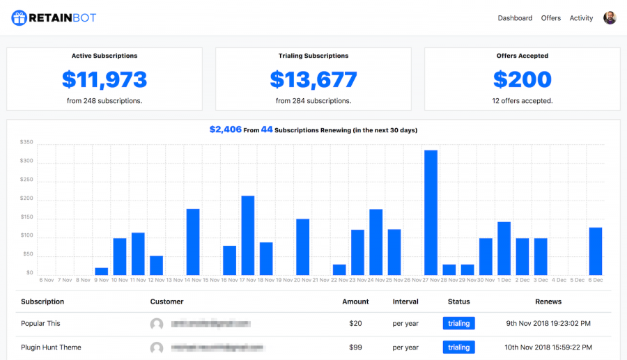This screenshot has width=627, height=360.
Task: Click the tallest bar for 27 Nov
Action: coord(431,212)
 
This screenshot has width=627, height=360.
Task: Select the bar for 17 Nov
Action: coord(248,235)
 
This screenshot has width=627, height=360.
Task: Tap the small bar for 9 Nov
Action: coord(102,271)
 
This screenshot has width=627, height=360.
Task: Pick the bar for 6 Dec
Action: coord(596,251)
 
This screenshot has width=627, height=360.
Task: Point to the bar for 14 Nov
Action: coord(193,242)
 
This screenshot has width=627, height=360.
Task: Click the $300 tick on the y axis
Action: coord(26,162)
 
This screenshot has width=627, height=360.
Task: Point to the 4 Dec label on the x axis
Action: coord(559,280)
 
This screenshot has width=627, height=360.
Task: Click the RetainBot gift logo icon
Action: coord(19,18)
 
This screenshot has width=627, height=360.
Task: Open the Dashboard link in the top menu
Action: coord(515,18)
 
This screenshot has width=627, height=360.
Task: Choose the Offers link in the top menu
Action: coord(551,18)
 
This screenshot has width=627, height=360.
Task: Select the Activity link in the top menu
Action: coord(581,18)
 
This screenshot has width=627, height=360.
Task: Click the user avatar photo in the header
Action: coord(610,18)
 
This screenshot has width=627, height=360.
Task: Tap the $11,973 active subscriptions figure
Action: coord(104,80)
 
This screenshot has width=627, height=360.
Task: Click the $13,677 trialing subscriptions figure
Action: coord(313,80)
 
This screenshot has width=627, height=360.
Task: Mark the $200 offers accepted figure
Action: coord(522,80)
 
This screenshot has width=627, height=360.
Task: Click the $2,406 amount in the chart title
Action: coord(224,130)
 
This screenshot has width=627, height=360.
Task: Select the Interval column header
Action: coord(405,302)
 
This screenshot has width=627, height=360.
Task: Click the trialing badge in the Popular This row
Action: coord(458,323)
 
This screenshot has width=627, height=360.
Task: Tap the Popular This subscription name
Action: coord(40,323)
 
